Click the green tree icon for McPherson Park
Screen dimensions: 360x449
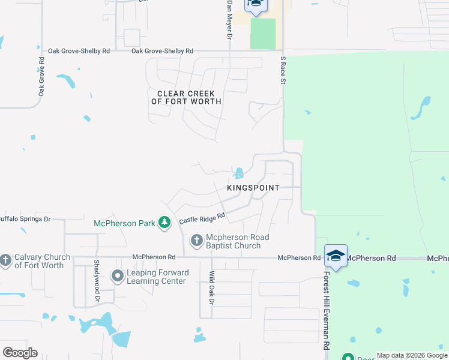(x=164, y=223)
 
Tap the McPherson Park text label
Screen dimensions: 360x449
(x=124, y=223)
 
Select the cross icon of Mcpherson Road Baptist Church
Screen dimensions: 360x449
(x=196, y=241)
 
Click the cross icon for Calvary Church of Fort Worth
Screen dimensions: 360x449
(x=5, y=260)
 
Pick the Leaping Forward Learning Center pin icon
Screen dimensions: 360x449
(x=118, y=277)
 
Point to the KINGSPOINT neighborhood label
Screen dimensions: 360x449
(x=253, y=188)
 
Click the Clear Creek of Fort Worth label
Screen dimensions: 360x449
(x=187, y=98)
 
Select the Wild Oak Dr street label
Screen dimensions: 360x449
(x=211, y=286)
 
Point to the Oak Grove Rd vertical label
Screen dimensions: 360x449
(x=42, y=77)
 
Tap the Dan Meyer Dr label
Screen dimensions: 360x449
(x=229, y=20)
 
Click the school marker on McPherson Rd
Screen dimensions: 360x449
(x=336, y=256)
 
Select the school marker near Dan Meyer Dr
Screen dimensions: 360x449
(x=255, y=4)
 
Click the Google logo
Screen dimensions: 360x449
(x=20, y=353)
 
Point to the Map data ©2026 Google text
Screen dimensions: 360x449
(x=412, y=356)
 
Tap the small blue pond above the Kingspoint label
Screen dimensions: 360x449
(x=239, y=173)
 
